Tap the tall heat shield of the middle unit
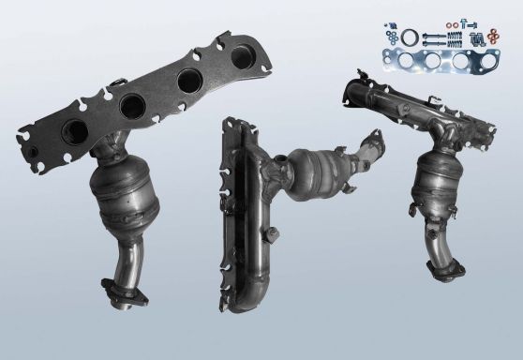(x=246, y=211)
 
